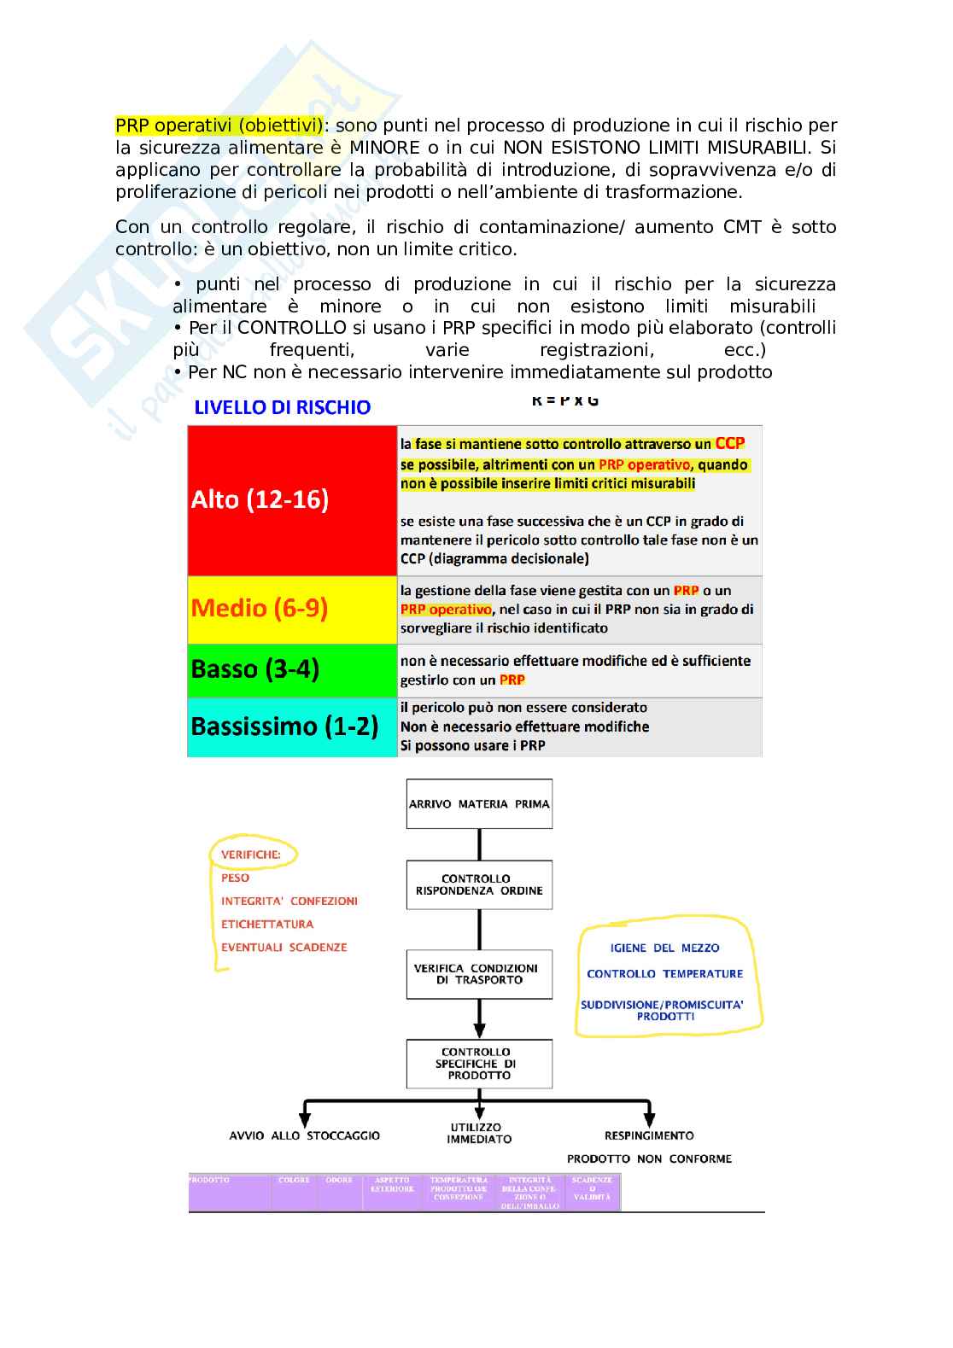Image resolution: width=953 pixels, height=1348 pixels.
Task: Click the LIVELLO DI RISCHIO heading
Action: pos(283,407)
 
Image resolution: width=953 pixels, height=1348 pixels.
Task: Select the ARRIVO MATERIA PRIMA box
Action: pos(479,803)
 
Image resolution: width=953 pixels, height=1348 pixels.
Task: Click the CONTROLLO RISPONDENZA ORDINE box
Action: pos(479,884)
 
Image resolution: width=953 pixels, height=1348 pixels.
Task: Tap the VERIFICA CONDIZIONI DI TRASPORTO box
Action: pos(479,974)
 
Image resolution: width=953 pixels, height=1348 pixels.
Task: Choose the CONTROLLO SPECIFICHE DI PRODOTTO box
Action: pos(479,1064)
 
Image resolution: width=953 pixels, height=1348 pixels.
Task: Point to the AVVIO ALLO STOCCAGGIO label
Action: pos(305,1135)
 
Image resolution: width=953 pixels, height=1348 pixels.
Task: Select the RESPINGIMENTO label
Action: pos(649,1135)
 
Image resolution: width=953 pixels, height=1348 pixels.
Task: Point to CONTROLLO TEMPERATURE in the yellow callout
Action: pos(665,973)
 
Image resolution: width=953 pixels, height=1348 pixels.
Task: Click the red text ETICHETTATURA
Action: pos(267,924)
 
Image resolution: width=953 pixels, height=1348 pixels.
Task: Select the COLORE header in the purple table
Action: pos(294,1181)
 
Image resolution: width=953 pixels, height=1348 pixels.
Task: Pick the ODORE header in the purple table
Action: pos(339,1181)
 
